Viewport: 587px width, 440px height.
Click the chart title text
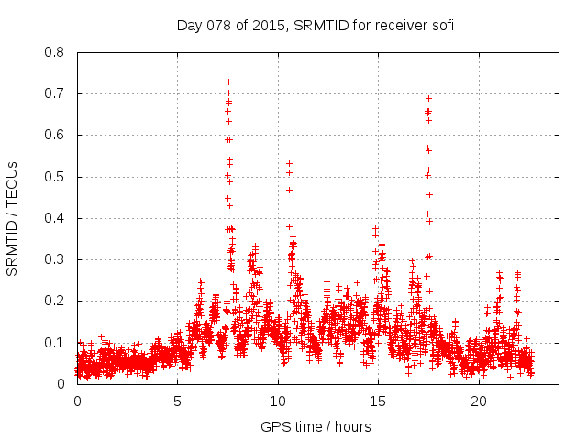coord(316,25)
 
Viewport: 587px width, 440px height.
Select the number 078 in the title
coord(223,25)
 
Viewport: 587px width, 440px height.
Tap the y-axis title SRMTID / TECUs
coord(13,218)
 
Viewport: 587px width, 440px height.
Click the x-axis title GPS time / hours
coord(316,426)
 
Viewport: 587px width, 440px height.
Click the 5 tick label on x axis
coord(178,401)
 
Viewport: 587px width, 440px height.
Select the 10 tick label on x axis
coord(278,401)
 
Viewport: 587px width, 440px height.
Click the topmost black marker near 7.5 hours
coord(228,82)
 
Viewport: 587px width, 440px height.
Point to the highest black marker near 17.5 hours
coord(428,98)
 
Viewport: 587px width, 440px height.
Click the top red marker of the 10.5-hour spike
coord(289,163)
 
